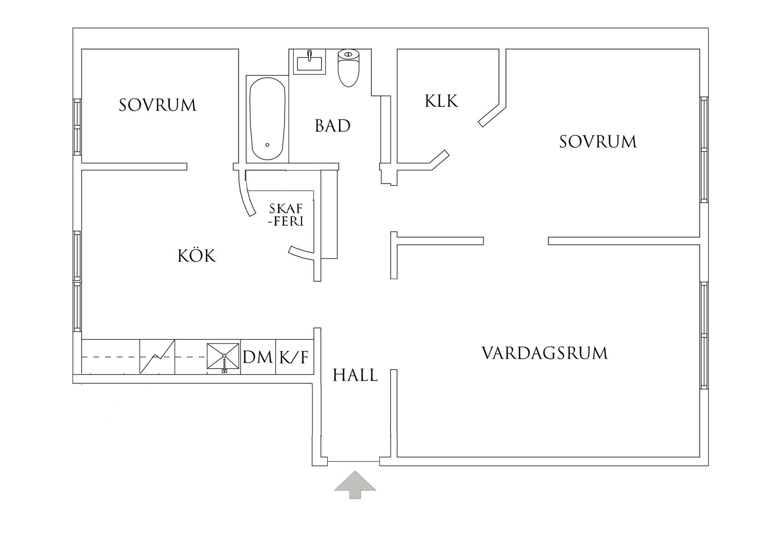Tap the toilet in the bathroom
(x=348, y=68)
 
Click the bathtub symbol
(x=267, y=119)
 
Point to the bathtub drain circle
(x=267, y=145)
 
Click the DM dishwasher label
(x=258, y=357)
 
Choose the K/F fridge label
(x=294, y=357)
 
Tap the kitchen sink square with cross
(x=224, y=356)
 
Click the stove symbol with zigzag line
(x=157, y=357)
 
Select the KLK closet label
(x=441, y=101)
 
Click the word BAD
(x=333, y=126)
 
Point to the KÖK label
(x=197, y=256)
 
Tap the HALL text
(x=355, y=376)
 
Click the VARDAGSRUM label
(x=545, y=353)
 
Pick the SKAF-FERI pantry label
(x=286, y=215)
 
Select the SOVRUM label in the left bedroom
(x=157, y=105)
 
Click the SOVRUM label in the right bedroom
(x=598, y=142)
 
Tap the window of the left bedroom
(x=77, y=127)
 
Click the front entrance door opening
(x=354, y=462)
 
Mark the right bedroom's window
(x=704, y=150)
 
